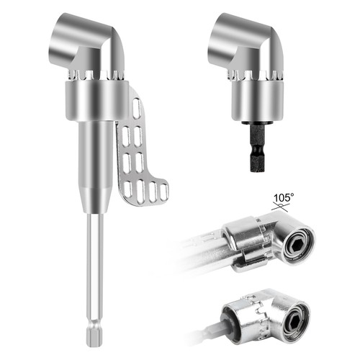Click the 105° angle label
(x=284, y=198)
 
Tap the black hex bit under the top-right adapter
(x=258, y=148)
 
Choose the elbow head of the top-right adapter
(x=246, y=43)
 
